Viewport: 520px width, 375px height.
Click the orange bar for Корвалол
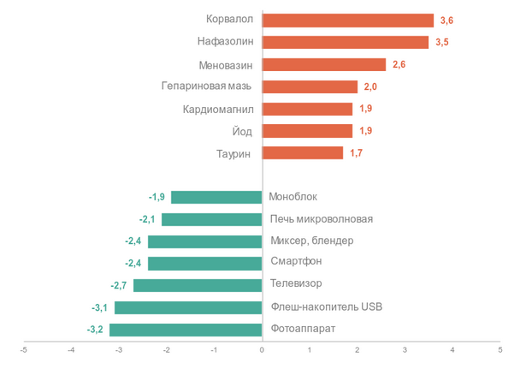point(347,20)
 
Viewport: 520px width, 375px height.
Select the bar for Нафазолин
point(345,42)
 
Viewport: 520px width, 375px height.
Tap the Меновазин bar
point(323,64)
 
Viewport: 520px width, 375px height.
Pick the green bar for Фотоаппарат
point(186,330)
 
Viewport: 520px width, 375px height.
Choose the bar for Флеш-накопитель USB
point(188,307)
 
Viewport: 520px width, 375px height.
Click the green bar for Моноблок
point(216,197)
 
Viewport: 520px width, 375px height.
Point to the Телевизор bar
point(198,285)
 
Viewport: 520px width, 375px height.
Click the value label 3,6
point(446,20)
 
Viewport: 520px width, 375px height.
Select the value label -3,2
point(96,330)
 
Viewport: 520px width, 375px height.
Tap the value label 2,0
point(370,86)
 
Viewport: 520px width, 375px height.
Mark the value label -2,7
point(120,285)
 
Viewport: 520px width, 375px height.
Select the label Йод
point(242,131)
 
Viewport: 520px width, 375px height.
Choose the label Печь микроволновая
point(321,219)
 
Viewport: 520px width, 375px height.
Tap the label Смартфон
point(297,263)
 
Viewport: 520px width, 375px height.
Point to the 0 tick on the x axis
point(262,349)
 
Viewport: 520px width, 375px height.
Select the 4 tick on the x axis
point(452,349)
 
